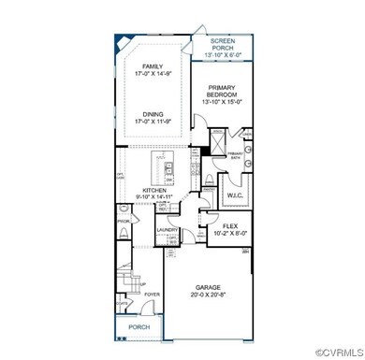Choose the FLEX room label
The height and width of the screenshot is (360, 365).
click(224, 223)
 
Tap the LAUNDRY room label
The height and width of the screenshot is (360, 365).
click(168, 229)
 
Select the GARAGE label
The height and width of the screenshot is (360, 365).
click(210, 289)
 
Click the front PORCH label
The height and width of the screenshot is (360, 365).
click(139, 327)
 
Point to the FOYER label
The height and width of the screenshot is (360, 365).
click(153, 294)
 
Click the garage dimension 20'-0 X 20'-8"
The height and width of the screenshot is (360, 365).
click(210, 297)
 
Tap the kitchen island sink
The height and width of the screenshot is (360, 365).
click(168, 172)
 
